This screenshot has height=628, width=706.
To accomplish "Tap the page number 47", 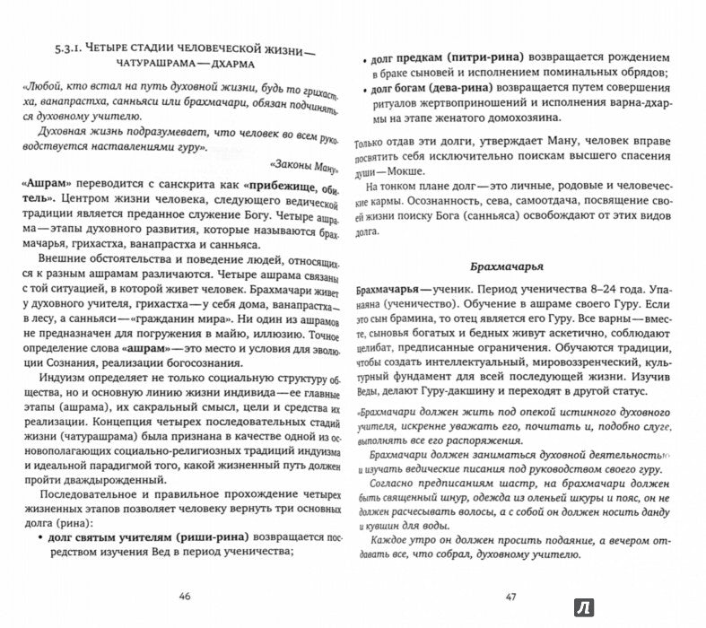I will pos(513,594).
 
